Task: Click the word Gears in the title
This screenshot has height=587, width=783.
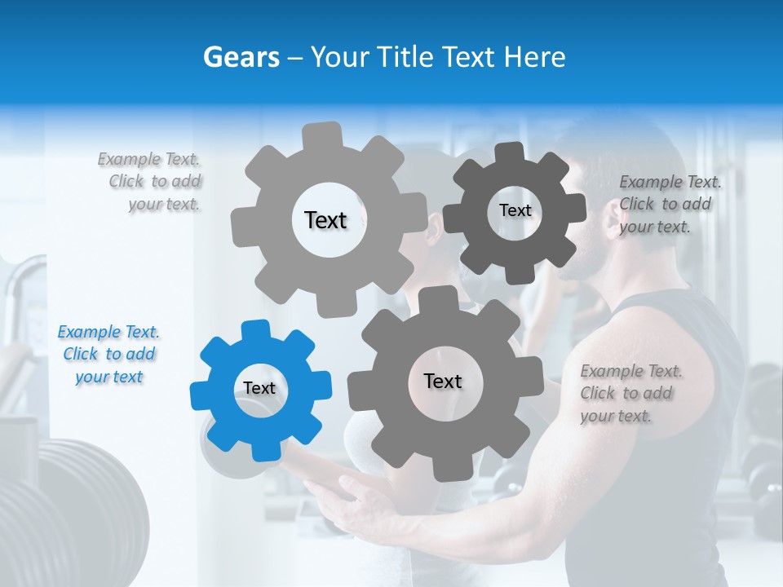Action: (241, 57)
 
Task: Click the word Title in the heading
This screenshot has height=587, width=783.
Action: (405, 57)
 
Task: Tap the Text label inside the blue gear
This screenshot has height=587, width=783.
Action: (259, 388)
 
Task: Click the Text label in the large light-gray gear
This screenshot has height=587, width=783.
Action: (325, 220)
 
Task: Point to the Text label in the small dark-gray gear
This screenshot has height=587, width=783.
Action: (515, 210)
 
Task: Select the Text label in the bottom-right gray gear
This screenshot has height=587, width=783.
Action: (443, 381)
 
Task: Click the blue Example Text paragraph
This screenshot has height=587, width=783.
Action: (108, 354)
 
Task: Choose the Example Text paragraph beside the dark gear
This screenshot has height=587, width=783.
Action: (669, 204)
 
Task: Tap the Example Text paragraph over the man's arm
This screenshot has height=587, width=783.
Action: (630, 393)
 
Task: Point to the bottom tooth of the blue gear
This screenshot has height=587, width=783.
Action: (266, 451)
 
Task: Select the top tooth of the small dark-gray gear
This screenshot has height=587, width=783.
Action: (510, 152)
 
